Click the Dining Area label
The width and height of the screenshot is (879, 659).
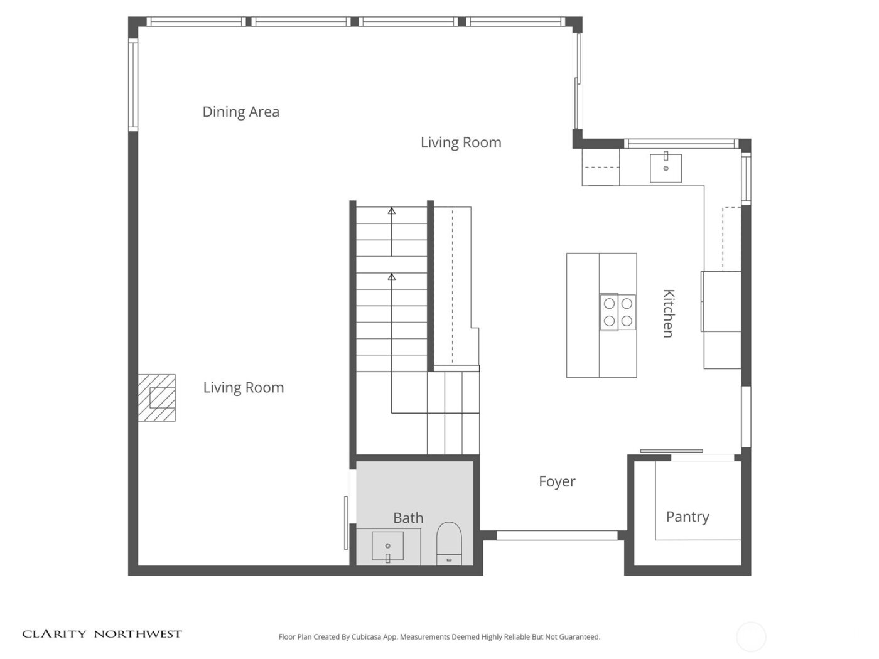coord(240,112)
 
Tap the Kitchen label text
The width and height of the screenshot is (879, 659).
coord(669,313)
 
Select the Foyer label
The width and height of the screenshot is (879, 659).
coord(557,481)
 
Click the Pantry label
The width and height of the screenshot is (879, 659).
coord(688,517)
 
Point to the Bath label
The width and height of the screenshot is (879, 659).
coord(408,518)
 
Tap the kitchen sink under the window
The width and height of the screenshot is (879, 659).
coord(666,168)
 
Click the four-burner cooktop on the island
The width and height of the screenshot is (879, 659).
coord(617,312)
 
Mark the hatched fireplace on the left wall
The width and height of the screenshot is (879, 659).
coord(157,398)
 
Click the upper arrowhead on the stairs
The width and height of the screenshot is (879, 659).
coord(392,211)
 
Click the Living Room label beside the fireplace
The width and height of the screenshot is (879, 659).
coord(244,388)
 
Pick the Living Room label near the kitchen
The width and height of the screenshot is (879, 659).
coord(461,142)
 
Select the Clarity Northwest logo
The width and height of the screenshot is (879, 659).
coord(102,634)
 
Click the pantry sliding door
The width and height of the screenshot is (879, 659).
coord(671,451)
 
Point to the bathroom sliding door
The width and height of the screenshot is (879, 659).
coord(346,522)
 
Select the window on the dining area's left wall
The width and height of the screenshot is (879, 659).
coord(133,85)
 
